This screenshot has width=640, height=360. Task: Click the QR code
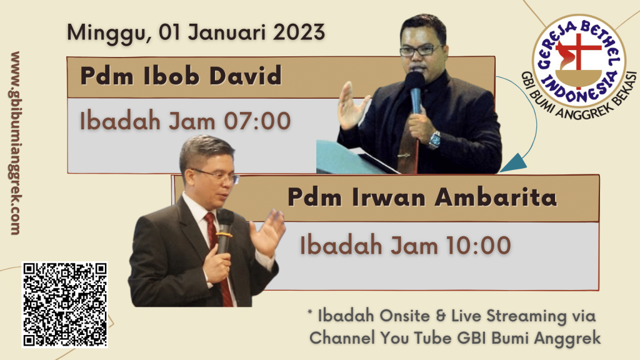64,304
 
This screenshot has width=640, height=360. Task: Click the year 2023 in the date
299,32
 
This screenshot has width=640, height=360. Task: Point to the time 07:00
257,121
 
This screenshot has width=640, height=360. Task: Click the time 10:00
478,246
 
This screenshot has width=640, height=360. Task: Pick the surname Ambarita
496,197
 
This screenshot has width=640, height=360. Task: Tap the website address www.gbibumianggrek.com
15,143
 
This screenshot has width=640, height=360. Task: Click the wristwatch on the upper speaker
434,140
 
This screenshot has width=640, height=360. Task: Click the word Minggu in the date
106,32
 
